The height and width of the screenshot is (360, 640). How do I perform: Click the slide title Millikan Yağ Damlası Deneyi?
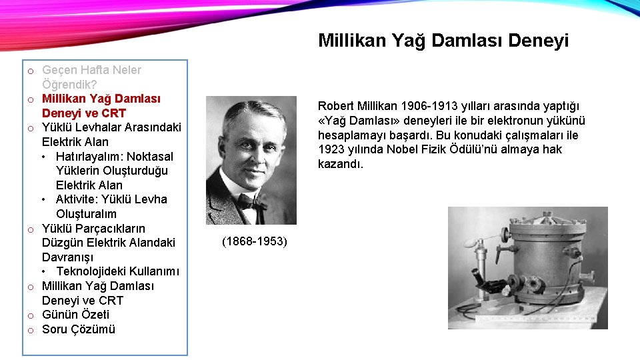(x=443, y=41)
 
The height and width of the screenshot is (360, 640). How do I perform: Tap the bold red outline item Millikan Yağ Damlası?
(x=101, y=106)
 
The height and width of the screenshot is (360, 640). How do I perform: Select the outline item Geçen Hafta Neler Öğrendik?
(x=91, y=77)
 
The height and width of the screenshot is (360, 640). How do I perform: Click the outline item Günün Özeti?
(x=75, y=315)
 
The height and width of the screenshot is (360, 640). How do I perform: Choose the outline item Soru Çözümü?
(x=78, y=329)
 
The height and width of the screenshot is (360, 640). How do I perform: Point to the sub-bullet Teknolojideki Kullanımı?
(x=117, y=271)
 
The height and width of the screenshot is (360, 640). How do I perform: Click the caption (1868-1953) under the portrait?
(x=255, y=241)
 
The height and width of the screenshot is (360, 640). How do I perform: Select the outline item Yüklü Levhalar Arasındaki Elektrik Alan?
(x=111, y=135)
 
